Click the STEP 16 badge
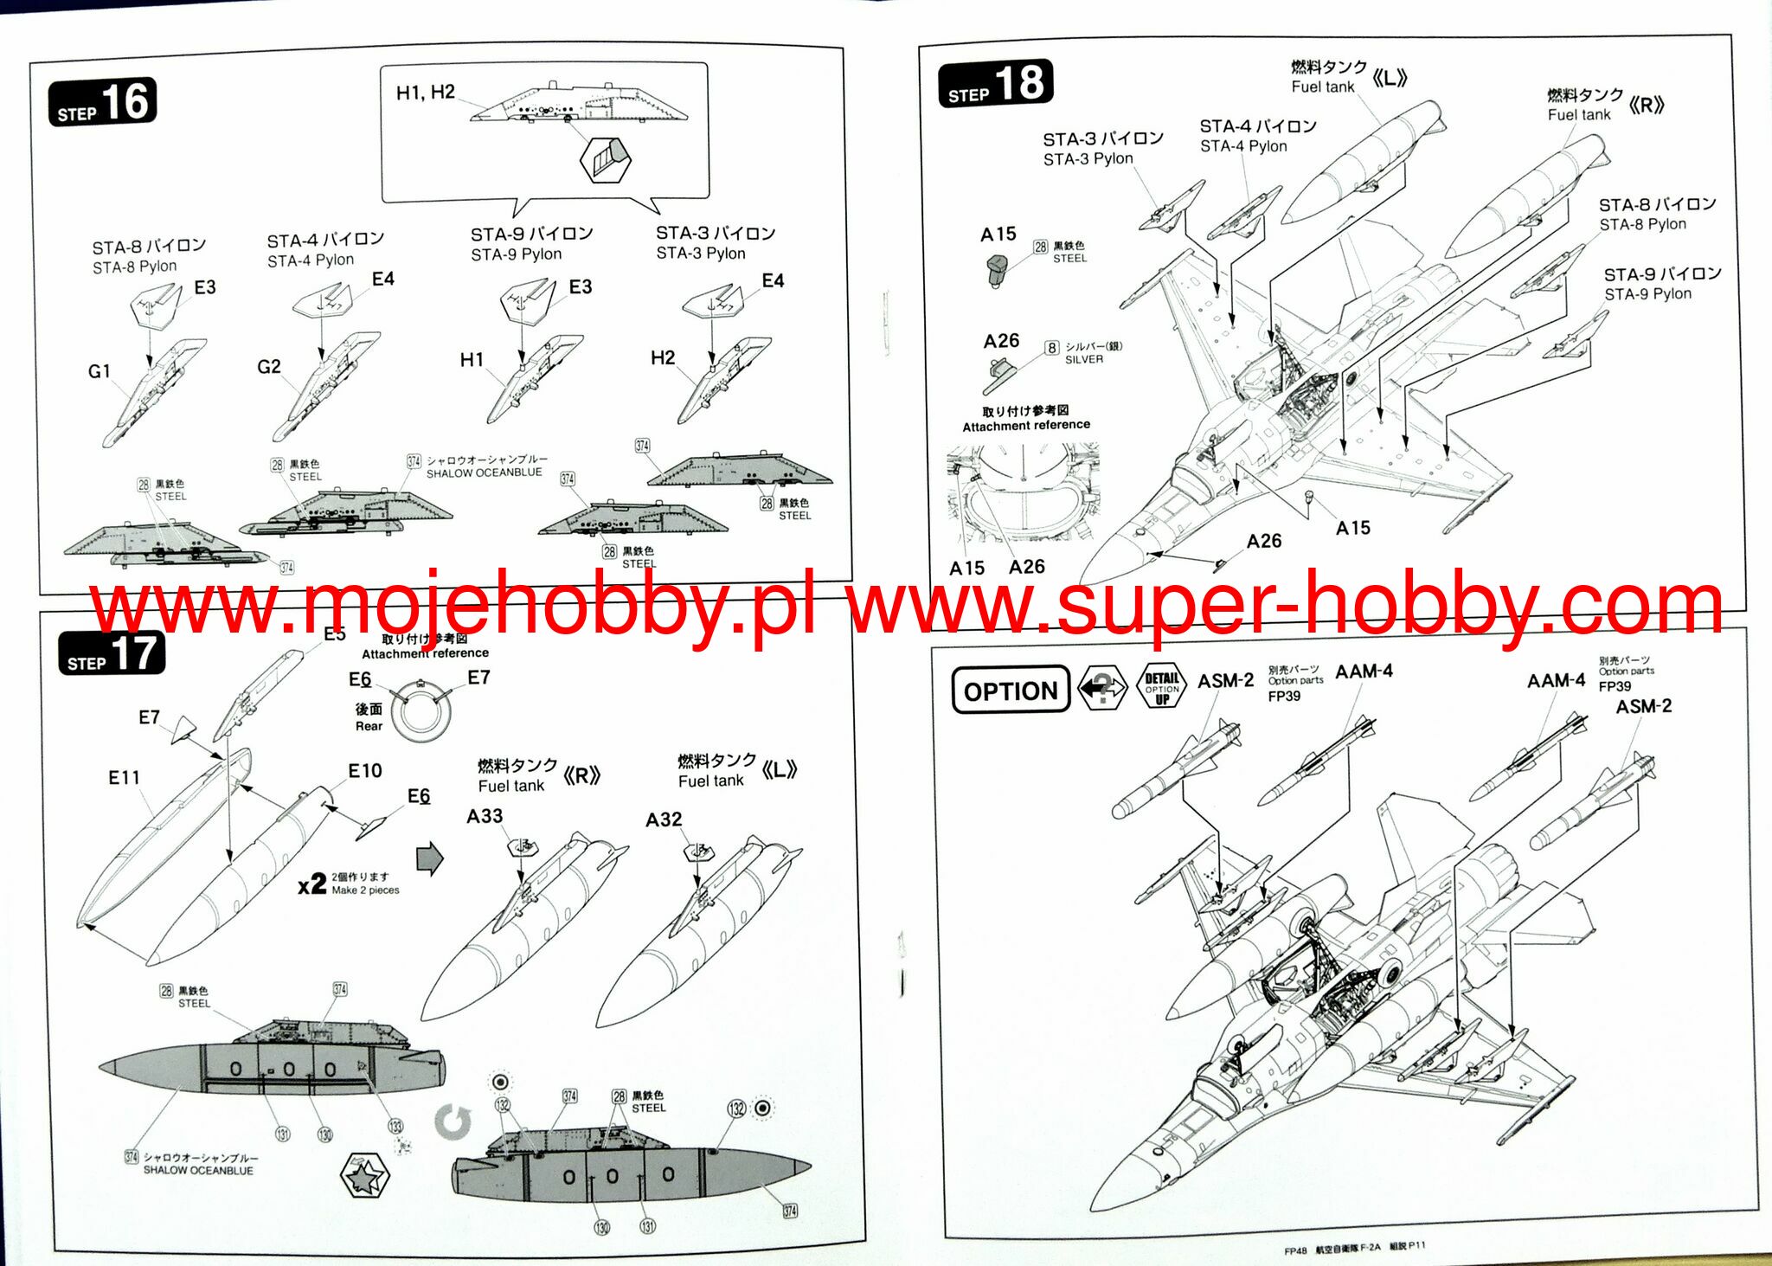(102, 103)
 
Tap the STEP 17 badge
(111, 654)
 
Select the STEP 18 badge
(995, 85)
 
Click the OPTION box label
(1010, 690)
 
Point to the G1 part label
(100, 371)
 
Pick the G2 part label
(269, 367)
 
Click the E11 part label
(124, 777)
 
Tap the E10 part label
(365, 771)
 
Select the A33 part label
(485, 816)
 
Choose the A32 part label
(664, 819)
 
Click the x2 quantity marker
(311, 885)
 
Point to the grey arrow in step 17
(430, 858)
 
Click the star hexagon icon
(364, 1175)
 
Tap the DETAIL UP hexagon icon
(1162, 687)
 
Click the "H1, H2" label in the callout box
(425, 93)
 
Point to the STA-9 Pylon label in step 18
(1661, 284)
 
